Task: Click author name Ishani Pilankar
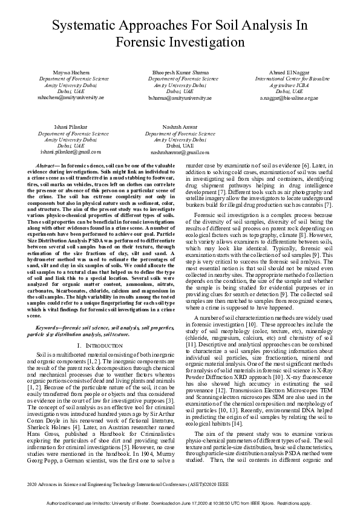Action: coord(70,128)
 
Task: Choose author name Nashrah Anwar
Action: coord(180,128)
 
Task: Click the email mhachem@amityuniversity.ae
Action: coord(71,97)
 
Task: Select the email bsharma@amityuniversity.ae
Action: coord(180,97)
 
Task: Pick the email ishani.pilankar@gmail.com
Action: coord(71,152)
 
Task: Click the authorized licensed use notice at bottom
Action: coord(180,503)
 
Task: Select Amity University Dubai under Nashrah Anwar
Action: coord(180,140)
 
